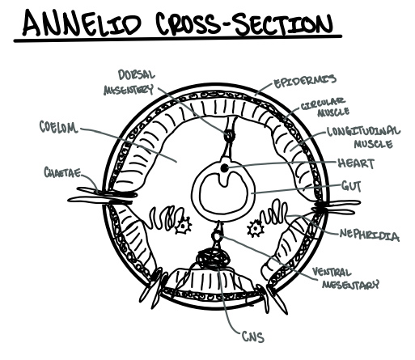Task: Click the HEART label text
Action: pos(354,163)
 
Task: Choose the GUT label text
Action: pos(349,186)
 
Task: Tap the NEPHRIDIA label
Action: pos(369,235)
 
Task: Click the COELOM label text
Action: pos(57,126)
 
